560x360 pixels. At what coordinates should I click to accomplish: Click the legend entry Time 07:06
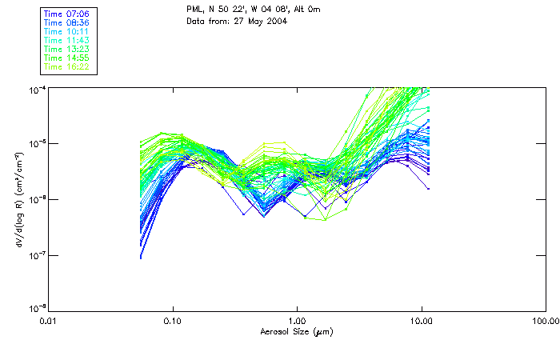coord(67,14)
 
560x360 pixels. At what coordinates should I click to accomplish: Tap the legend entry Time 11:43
coord(67,40)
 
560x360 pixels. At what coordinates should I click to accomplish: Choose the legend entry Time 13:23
coord(67,49)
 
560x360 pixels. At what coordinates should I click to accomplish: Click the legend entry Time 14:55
coord(67,58)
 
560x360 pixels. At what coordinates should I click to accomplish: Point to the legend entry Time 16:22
coord(67,66)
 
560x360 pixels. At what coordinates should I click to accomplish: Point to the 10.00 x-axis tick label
coord(421,321)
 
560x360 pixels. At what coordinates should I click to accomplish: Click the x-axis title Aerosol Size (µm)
coord(296,331)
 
